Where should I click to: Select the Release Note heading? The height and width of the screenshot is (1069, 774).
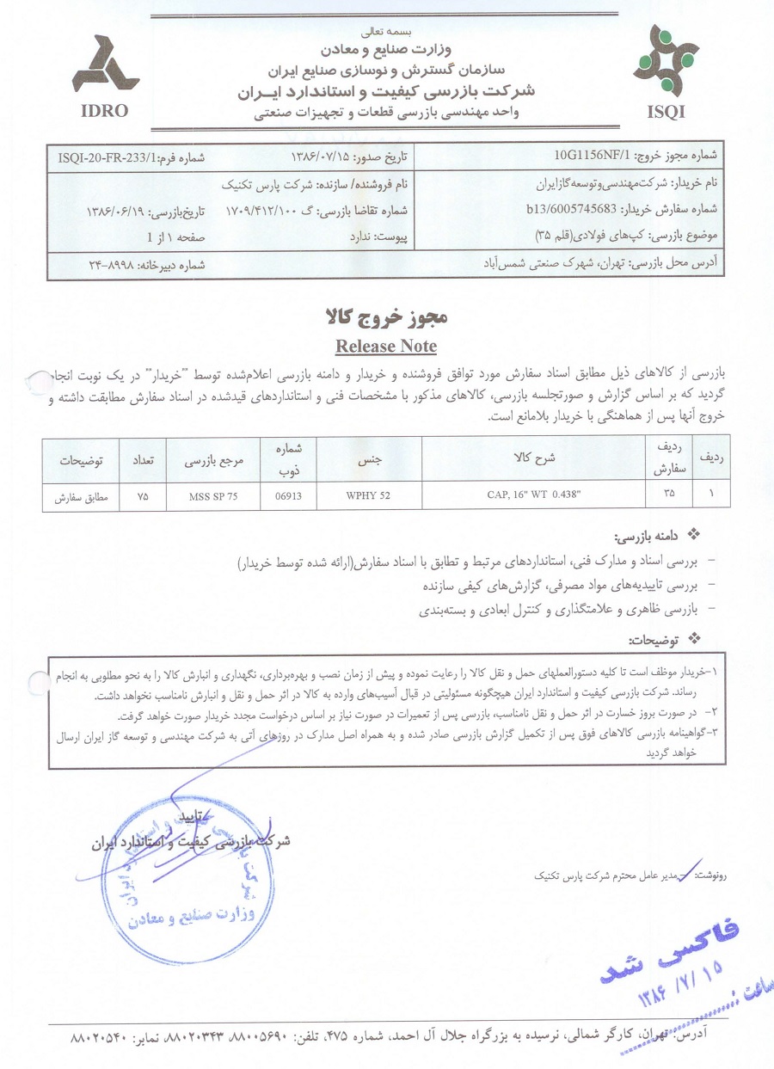coord(385,347)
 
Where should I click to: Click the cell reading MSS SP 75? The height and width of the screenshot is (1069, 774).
coord(213,496)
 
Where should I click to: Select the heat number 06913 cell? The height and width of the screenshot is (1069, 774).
coord(287,496)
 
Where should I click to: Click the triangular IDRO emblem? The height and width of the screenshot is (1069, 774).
coord(105,67)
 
